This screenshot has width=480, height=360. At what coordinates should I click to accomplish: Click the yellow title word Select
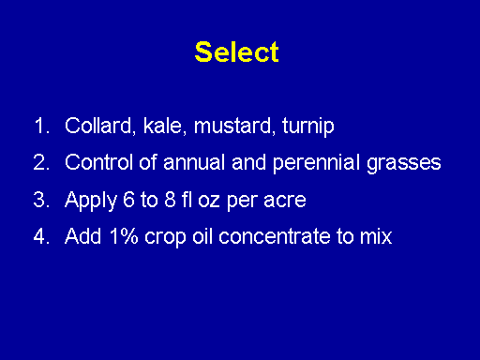point(236,52)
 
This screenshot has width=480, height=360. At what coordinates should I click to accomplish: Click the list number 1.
point(42,126)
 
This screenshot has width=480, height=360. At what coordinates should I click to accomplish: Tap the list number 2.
point(41,162)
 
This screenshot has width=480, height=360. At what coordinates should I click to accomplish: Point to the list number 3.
point(41,200)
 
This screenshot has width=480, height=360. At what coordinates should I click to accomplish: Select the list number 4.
point(41,236)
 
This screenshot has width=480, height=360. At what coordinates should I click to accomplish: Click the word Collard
point(100,126)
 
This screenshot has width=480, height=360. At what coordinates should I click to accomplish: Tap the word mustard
point(234,126)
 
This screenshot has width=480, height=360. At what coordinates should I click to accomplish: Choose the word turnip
point(308,127)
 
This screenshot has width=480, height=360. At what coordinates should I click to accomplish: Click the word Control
point(98,162)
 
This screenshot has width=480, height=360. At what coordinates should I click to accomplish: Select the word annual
point(194,162)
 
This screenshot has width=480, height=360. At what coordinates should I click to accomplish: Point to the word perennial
point(316,163)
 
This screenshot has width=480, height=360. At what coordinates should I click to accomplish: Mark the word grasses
point(404,164)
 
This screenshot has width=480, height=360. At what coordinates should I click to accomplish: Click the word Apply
point(91,201)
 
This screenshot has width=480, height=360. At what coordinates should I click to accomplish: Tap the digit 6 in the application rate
point(128,200)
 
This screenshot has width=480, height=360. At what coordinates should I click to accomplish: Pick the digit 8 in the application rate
point(170,200)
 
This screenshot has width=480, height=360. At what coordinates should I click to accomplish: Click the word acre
point(285,201)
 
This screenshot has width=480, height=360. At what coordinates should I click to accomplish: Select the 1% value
point(124,236)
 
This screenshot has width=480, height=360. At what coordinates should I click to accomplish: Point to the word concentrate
point(275,236)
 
